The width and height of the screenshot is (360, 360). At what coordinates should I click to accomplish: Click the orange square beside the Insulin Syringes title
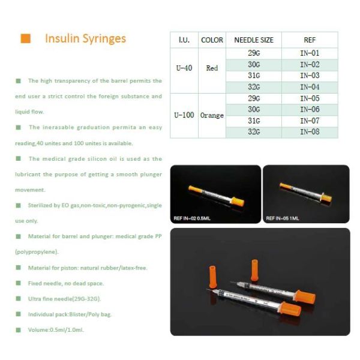pos(26,39)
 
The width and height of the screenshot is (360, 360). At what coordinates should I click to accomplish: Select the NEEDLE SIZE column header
pos(253,40)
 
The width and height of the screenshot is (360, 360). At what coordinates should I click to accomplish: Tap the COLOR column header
pos(212,40)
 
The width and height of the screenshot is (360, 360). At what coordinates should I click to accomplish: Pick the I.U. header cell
pos(184,40)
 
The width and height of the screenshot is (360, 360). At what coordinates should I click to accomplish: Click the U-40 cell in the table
pos(184,68)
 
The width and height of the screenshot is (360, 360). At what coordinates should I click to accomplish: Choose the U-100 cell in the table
pos(184,115)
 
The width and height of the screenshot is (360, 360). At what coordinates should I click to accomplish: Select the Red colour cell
pos(212,68)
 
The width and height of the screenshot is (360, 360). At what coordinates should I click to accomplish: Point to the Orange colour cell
pos(212,115)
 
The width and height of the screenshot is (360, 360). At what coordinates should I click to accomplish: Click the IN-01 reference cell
pos(310,53)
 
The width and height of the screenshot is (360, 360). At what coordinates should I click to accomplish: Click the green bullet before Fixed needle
pos(18,283)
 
